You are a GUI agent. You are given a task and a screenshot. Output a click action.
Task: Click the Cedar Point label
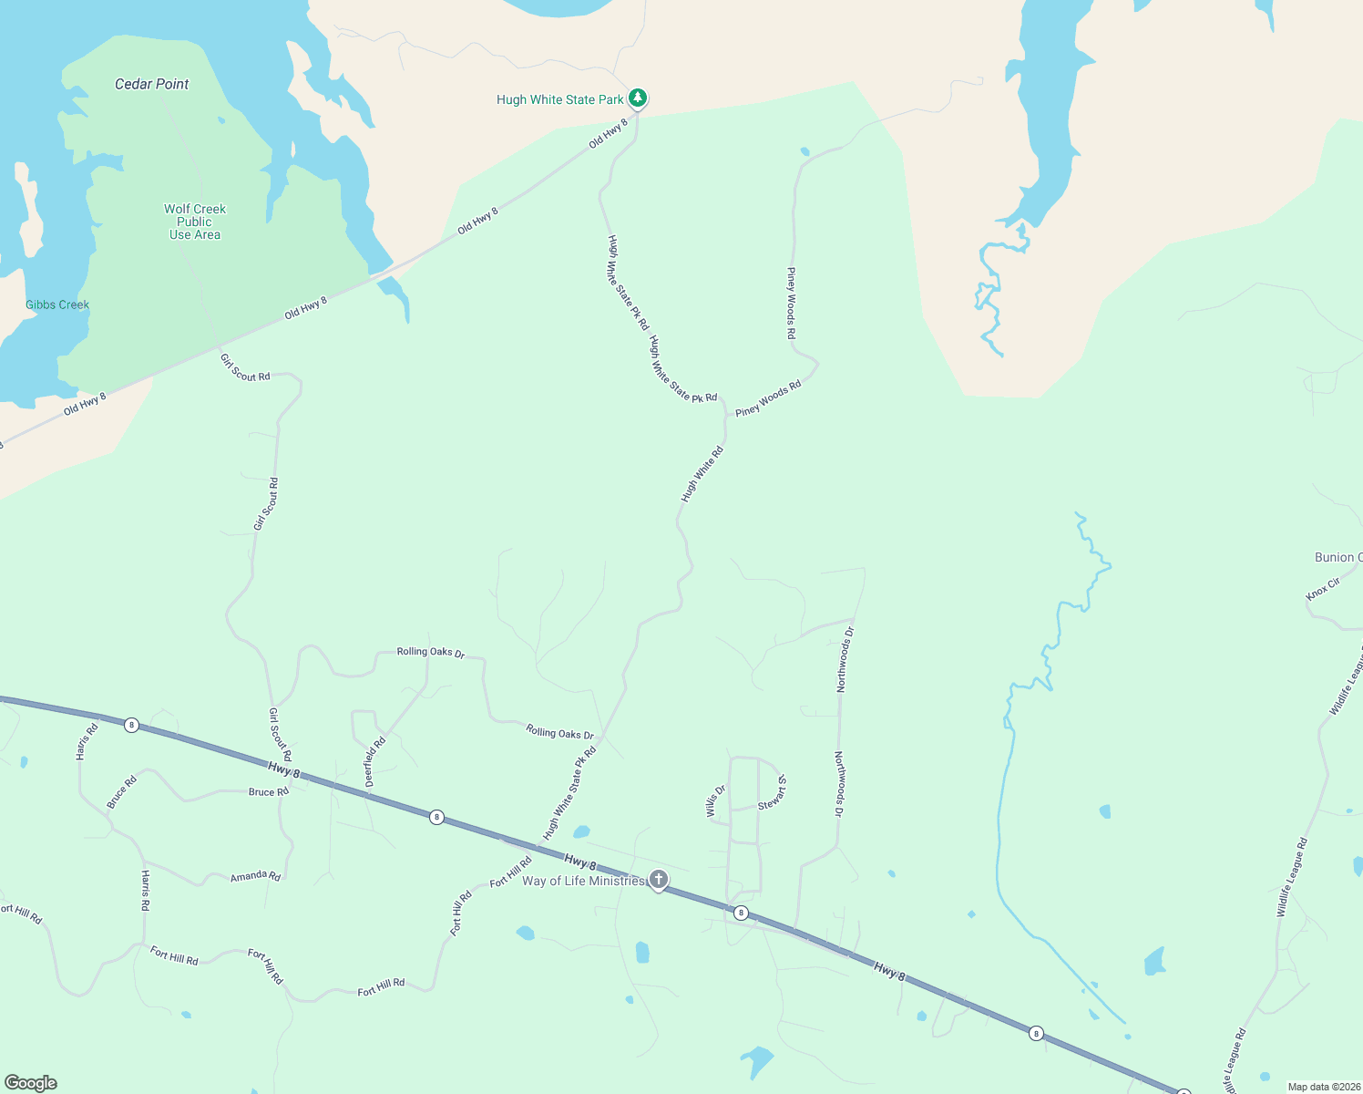[151, 84]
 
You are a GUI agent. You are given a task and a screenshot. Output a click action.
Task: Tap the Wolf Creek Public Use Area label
[195, 222]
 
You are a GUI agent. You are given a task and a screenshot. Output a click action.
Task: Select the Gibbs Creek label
[57, 305]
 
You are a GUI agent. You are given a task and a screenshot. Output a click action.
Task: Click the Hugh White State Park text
[559, 99]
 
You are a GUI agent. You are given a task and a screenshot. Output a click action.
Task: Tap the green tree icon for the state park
[638, 97]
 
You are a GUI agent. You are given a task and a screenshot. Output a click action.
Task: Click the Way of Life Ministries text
[582, 881]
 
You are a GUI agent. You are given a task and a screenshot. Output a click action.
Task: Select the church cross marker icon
[659, 880]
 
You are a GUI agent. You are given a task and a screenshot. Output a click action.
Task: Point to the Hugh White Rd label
[702, 473]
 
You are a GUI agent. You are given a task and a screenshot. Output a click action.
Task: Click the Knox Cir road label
[1323, 589]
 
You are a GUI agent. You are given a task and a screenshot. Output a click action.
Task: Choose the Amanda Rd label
[255, 876]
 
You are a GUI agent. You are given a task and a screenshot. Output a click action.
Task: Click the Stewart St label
[774, 792]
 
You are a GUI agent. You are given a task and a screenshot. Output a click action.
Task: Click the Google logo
[31, 1083]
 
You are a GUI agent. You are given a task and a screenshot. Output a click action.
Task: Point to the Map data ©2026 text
[1323, 1087]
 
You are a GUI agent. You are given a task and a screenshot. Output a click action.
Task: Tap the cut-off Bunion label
[1337, 557]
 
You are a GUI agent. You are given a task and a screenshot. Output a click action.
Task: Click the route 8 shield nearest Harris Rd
[132, 725]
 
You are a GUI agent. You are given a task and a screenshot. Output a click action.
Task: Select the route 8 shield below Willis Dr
[741, 913]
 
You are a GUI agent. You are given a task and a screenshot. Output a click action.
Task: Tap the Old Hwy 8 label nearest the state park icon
[608, 133]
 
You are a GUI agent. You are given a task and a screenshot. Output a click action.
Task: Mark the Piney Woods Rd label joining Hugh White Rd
[768, 398]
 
